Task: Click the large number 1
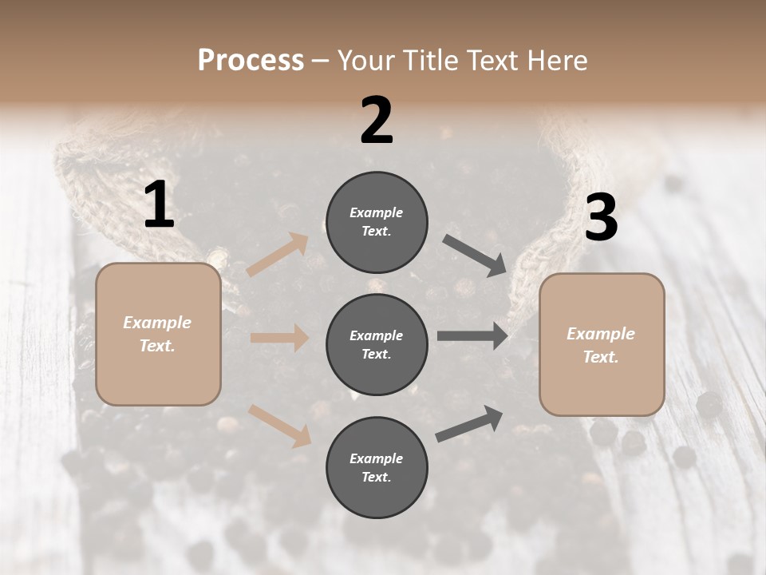click(159, 205)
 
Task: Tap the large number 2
click(377, 121)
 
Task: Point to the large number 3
click(601, 218)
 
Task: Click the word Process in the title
click(251, 60)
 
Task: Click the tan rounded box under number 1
click(158, 334)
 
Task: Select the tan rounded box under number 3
click(602, 345)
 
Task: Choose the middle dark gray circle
click(377, 344)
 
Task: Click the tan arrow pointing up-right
click(278, 255)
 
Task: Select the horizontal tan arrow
click(279, 338)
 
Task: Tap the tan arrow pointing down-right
click(280, 425)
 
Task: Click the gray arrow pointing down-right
click(474, 256)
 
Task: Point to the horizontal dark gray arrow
click(472, 336)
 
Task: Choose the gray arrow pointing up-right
click(469, 424)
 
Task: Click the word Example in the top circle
click(376, 212)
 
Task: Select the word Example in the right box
click(601, 334)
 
